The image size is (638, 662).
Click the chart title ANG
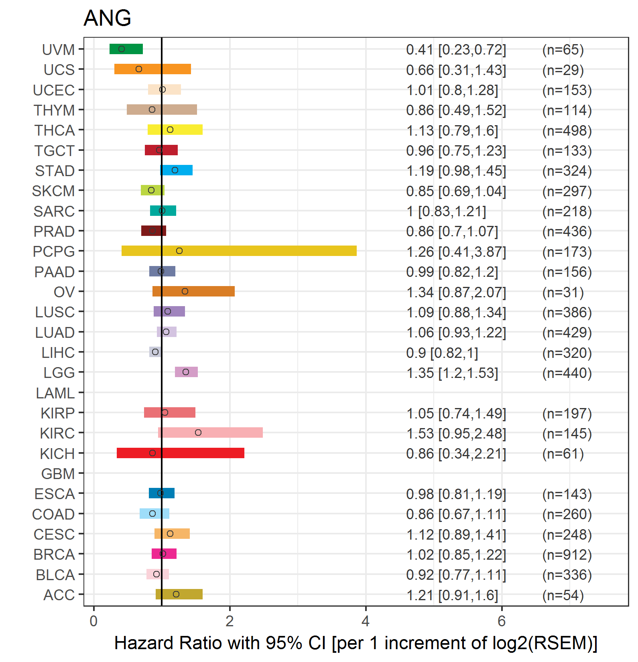click(107, 18)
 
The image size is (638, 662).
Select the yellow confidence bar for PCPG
click(239, 251)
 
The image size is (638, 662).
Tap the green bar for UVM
click(126, 49)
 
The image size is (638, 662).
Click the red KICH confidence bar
click(181, 453)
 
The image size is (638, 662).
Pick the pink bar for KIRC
click(210, 433)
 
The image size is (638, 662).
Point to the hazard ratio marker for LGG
click(186, 372)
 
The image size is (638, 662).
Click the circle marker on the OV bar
click(185, 291)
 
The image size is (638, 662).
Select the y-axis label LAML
click(55, 393)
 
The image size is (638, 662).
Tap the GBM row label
click(58, 474)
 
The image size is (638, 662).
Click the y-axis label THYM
click(54, 110)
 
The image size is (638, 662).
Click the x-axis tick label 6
click(502, 621)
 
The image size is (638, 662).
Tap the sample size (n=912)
click(567, 555)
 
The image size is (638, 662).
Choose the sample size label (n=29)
click(563, 70)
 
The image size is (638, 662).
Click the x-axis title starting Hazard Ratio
click(356, 643)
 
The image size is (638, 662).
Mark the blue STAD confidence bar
click(176, 170)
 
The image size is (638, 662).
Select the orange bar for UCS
click(152, 69)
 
